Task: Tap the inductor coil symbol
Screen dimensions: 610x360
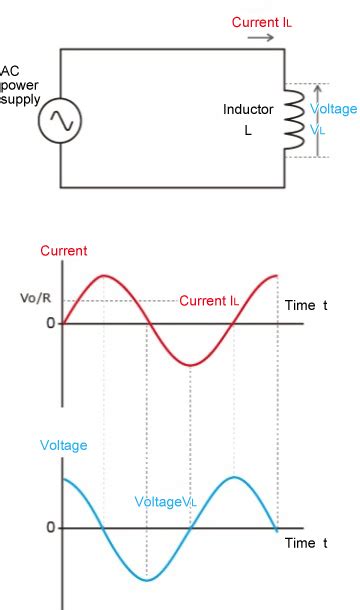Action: click(x=293, y=120)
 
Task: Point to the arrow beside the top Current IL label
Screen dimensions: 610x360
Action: click(x=261, y=38)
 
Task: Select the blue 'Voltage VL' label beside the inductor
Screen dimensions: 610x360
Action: click(x=332, y=118)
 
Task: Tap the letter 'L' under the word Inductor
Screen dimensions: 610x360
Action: click(x=248, y=130)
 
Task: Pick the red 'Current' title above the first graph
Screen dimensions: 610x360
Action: click(x=64, y=251)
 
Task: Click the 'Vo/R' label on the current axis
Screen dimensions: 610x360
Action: click(x=35, y=298)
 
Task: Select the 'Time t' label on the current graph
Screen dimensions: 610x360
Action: click(x=306, y=304)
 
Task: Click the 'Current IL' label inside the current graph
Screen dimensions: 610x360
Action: click(x=209, y=300)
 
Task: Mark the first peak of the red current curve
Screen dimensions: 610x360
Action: click(x=104, y=275)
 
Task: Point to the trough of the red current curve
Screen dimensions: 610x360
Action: click(x=190, y=365)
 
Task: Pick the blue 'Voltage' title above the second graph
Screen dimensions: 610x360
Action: click(x=63, y=446)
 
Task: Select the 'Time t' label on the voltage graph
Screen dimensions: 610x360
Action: click(x=306, y=543)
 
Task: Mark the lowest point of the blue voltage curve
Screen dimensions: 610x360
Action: click(x=147, y=580)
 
